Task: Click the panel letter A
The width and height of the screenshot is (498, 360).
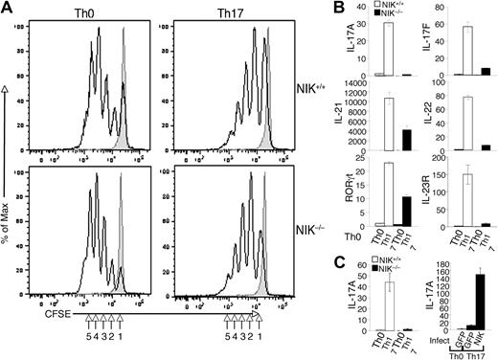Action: point(9,9)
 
